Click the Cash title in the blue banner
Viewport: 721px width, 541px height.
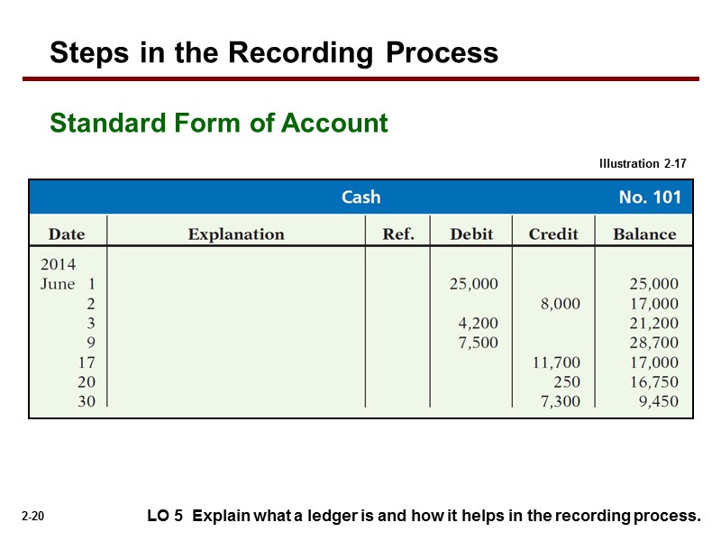(360, 197)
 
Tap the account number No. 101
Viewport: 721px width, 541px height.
(649, 197)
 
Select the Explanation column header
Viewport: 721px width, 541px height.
(236, 234)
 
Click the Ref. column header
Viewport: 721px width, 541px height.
(398, 234)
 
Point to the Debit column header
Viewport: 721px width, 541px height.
(471, 234)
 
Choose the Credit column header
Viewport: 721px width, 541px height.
(553, 234)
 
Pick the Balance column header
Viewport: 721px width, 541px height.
(644, 234)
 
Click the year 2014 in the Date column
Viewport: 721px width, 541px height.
(59, 265)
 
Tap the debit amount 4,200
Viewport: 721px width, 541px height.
(478, 323)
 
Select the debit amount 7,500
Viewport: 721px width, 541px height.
(478, 343)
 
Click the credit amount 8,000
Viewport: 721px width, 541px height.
(560, 304)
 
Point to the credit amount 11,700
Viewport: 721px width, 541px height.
(556, 362)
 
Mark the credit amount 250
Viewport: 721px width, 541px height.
(567, 382)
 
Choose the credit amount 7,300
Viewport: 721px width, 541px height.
(560, 401)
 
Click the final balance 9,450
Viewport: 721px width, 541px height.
(658, 401)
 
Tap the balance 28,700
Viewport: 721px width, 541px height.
(653, 343)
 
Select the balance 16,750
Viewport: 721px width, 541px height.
(653, 382)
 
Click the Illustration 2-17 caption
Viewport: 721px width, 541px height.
(643, 164)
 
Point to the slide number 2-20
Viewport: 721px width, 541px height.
(33, 517)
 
